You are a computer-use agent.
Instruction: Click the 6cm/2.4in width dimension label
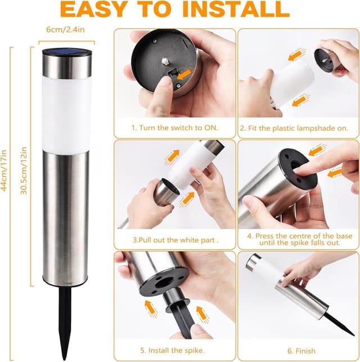65,29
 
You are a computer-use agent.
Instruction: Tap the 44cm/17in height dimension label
4,171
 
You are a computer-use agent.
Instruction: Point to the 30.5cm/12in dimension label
24,171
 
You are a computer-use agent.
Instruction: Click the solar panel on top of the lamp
66,51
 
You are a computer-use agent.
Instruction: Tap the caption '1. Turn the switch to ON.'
174,128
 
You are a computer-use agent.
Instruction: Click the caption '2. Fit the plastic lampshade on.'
294,128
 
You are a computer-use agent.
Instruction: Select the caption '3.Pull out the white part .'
175,240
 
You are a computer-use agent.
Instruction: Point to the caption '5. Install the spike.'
172,350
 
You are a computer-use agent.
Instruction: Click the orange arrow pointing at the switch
184,73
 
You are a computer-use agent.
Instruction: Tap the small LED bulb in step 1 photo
164,61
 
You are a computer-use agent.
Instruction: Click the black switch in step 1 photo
172,74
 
